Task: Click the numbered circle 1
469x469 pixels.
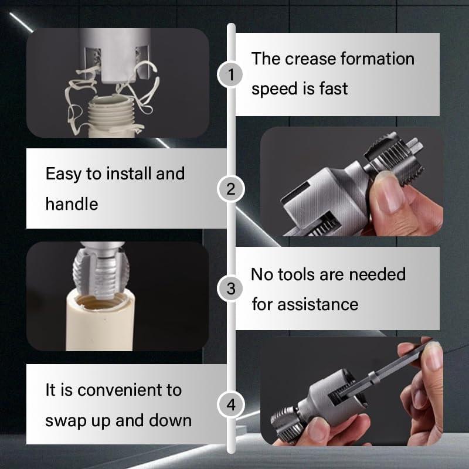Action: click(231, 74)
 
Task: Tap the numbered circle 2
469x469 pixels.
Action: click(231, 189)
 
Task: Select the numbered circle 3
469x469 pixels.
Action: click(231, 288)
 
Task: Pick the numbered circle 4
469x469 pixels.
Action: click(231, 405)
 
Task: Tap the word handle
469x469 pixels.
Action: click(72, 203)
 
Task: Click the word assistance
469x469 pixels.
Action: click(318, 304)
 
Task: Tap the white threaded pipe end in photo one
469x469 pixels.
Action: click(116, 114)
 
